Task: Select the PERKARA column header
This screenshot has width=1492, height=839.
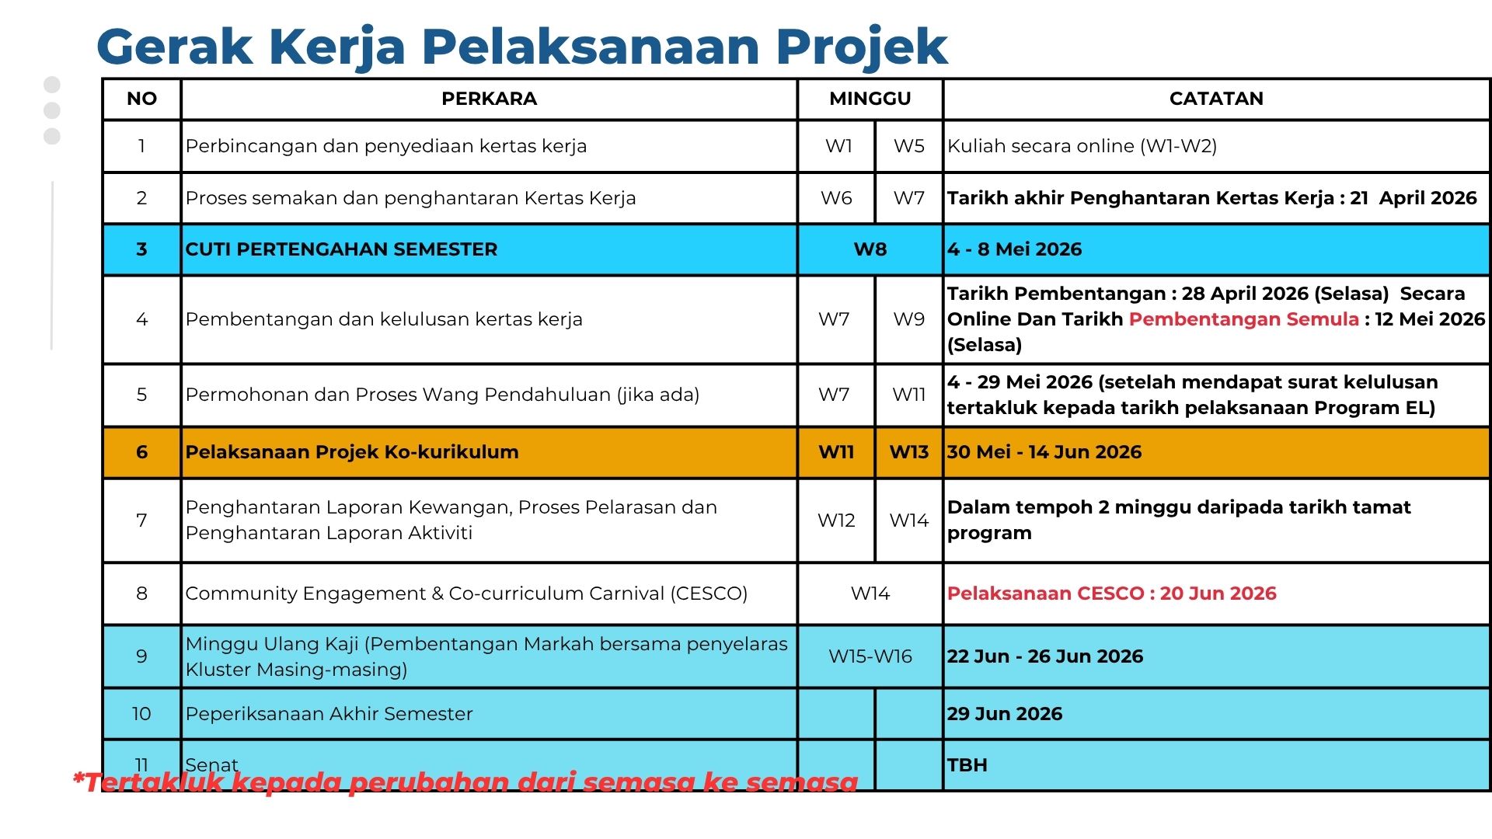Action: coord(489,99)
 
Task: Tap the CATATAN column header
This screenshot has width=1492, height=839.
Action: coord(1215,99)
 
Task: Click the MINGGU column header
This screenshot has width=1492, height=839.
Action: coord(870,99)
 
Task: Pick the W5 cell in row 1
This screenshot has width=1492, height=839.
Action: coord(908,146)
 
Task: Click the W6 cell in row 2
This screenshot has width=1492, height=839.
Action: coord(836,198)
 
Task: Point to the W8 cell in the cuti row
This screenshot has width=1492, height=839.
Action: coord(870,249)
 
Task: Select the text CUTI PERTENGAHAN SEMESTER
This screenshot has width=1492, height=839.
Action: coord(341,249)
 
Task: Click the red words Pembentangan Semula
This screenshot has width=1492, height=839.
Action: coord(1243,319)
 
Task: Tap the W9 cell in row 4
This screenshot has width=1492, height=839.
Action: coord(908,319)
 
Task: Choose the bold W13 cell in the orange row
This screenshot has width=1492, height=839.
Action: coord(908,452)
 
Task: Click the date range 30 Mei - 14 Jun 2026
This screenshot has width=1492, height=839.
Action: coord(1044,452)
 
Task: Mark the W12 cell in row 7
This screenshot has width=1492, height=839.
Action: coord(836,520)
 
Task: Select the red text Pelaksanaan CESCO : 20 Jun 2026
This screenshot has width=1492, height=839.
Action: coord(1111,594)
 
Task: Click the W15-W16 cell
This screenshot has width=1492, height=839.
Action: coord(870,656)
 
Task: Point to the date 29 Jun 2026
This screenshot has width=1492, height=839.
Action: coord(1004,714)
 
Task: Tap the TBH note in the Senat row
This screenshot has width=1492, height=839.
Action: coord(967,765)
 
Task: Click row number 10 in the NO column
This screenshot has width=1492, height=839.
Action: coord(141,714)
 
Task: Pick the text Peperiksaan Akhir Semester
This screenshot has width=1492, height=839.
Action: coord(329,714)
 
